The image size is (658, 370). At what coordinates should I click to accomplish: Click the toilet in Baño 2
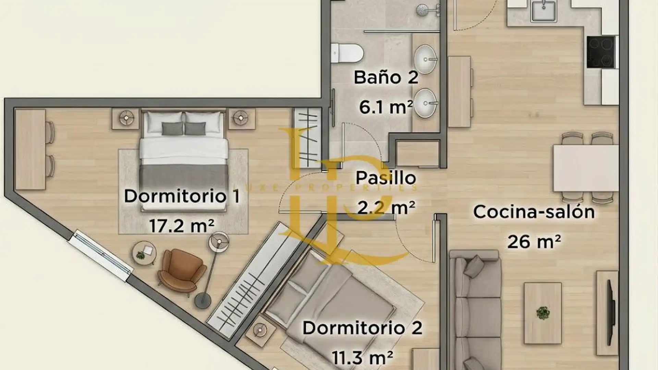tap(347, 53)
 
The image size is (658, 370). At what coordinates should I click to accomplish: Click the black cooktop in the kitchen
tap(601, 52)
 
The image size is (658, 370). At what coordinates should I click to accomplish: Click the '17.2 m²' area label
tap(182, 226)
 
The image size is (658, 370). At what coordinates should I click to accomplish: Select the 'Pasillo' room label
tap(386, 178)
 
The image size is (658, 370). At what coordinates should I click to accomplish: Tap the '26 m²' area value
tap(534, 242)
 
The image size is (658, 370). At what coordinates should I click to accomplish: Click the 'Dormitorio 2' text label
tap(362, 328)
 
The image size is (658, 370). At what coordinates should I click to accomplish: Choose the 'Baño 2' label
tap(386, 77)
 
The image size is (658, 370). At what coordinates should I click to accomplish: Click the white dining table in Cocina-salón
tap(586, 168)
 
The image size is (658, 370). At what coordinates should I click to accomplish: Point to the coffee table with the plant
tap(543, 313)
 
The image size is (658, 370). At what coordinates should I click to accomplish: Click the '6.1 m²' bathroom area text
tap(386, 107)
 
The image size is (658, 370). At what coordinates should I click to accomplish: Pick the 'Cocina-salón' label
tap(534, 212)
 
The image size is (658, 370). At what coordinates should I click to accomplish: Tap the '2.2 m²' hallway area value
tap(386, 207)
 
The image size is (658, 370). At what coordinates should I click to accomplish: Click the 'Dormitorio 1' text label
tap(182, 196)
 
